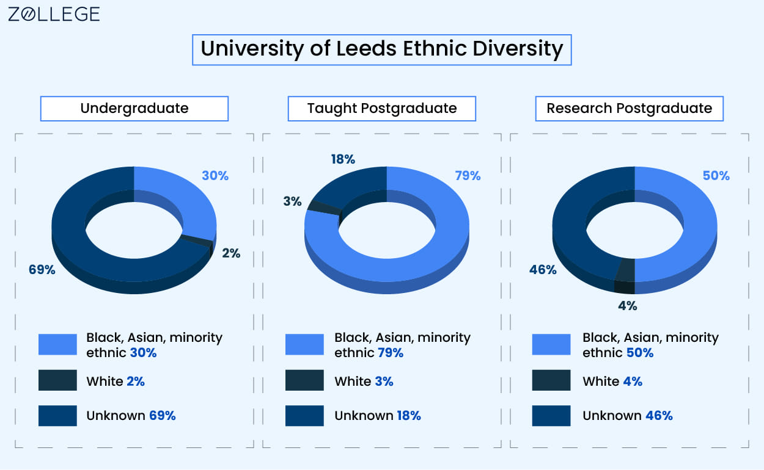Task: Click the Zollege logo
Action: [54, 15]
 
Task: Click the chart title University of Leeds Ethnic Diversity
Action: [381, 49]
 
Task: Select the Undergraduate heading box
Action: [134, 109]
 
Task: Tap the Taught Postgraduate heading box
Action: [381, 109]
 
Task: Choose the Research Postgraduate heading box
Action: [629, 109]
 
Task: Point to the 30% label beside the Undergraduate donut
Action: [215, 176]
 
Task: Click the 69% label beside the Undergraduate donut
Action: [42, 269]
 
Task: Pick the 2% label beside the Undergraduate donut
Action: [231, 253]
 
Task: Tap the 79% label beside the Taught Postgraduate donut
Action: [468, 176]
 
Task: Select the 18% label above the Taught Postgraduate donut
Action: [343, 159]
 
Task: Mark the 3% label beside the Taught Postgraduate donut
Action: [292, 201]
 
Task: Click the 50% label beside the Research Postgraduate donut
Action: [716, 176]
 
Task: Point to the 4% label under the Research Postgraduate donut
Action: [627, 306]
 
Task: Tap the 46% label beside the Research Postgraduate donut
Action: [543, 269]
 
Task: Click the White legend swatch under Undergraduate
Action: [57, 380]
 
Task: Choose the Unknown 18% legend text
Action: [377, 416]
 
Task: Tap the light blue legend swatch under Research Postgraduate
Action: [551, 344]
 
